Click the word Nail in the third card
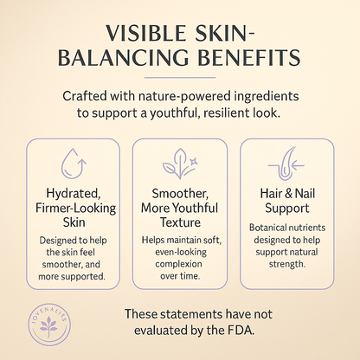[287, 193]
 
